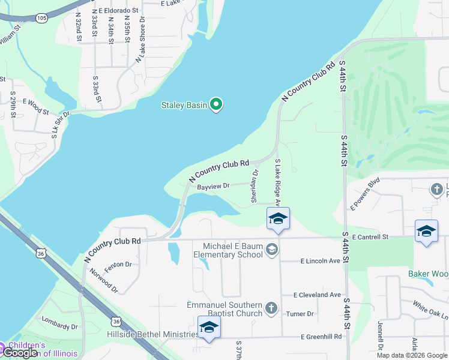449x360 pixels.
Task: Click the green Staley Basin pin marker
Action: click(217, 105)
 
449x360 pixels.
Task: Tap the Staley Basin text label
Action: click(184, 106)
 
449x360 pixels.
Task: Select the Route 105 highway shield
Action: click(41, 19)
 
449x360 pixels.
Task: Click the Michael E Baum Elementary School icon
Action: click(271, 248)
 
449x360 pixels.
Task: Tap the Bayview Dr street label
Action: click(213, 187)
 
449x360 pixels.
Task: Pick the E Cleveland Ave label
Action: click(317, 295)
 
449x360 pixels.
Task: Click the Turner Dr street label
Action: click(300, 314)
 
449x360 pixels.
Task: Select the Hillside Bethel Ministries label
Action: click(149, 334)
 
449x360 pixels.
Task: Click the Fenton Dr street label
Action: click(117, 263)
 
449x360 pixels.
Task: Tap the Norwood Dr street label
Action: click(104, 281)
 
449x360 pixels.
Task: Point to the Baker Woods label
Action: click(429, 274)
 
